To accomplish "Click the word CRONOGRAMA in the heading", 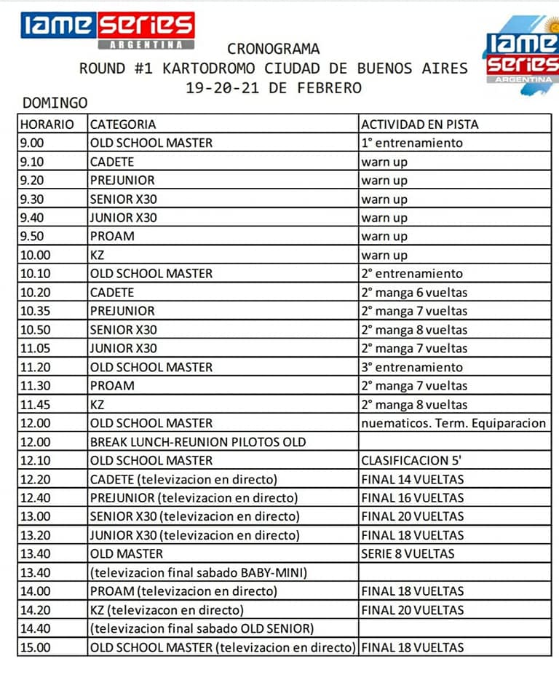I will pos(273,50).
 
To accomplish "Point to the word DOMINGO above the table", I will pos(55,103).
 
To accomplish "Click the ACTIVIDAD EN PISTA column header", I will pos(420,125).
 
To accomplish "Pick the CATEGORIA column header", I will pos(123,125).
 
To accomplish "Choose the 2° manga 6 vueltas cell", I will pos(414,293).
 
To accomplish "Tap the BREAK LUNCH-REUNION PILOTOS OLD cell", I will pos(198,442).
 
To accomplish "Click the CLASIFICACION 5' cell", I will pos(411,460).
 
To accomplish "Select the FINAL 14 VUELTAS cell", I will pos(412,479).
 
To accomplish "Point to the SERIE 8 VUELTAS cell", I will pos(408,553).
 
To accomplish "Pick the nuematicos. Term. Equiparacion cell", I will pos(453,423).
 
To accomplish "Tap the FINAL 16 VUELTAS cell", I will pos(412,498).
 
